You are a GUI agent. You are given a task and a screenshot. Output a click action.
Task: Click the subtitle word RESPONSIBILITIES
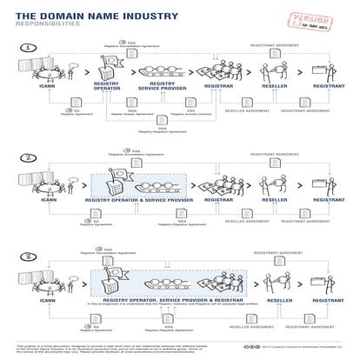tap(43, 25)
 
